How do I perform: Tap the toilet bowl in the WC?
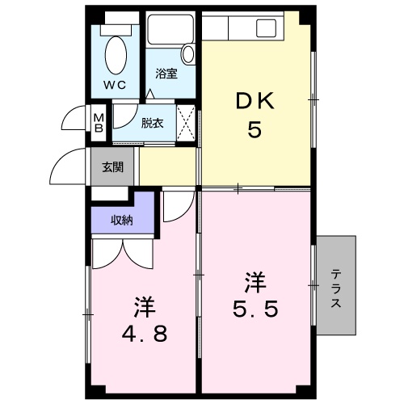116,56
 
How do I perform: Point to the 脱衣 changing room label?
151,123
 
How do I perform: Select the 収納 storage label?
122,220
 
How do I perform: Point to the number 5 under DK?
255,130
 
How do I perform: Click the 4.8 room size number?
145,333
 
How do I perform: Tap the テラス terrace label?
335,286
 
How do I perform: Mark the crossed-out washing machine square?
186,124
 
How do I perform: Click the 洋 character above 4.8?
145,307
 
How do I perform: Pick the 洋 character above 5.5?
255,283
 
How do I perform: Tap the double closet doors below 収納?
121,252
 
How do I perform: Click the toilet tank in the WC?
116,28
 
